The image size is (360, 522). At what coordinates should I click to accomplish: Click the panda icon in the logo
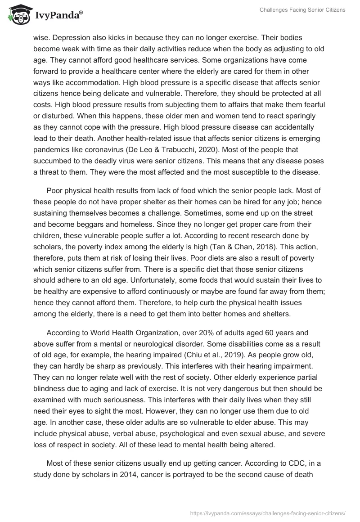point(17,15)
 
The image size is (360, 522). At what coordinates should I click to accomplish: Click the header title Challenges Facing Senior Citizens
point(302,10)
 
